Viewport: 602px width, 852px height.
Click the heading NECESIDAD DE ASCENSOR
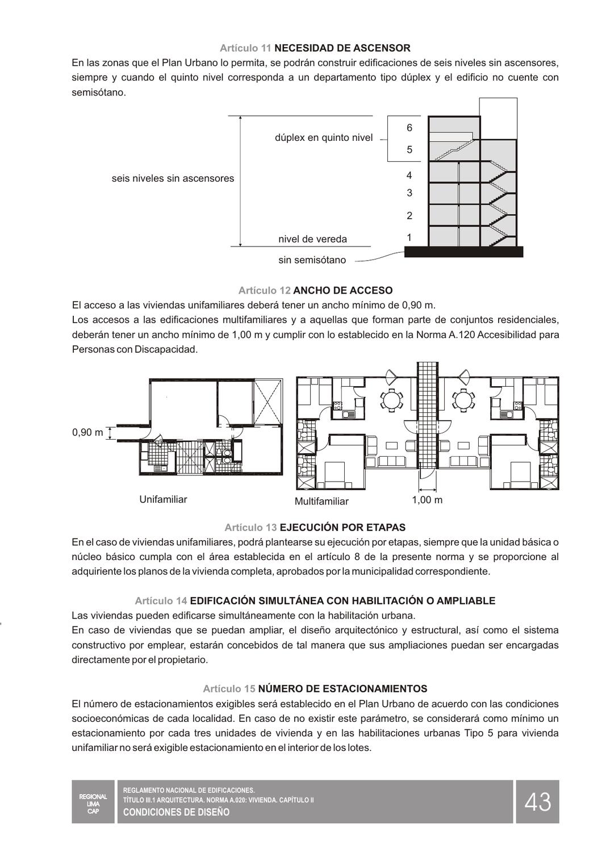tap(342, 48)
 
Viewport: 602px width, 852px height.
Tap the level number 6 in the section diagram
tap(409, 128)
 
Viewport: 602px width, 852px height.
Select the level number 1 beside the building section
tap(409, 237)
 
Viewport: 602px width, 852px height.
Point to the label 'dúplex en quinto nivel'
tap(324, 137)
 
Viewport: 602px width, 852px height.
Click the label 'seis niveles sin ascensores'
tap(173, 178)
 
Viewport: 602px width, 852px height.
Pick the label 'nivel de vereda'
tap(312, 239)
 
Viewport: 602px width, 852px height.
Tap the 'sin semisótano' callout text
tap(312, 260)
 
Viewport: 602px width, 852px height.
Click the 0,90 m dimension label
tap(87, 433)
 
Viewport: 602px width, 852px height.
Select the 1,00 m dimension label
tap(427, 500)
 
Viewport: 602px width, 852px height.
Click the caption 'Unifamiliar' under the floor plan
tap(163, 499)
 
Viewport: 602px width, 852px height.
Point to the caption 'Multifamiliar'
tap(321, 501)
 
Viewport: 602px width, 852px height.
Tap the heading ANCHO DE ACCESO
tap(342, 291)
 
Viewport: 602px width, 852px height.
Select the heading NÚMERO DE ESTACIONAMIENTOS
tap(342, 689)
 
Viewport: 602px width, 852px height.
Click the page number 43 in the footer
tap(537, 802)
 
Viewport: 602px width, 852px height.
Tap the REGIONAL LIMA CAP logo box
tap(93, 801)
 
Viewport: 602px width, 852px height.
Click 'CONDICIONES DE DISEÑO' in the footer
tap(177, 812)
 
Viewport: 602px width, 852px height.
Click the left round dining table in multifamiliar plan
tap(391, 400)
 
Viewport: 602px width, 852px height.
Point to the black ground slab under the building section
tap(463, 252)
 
